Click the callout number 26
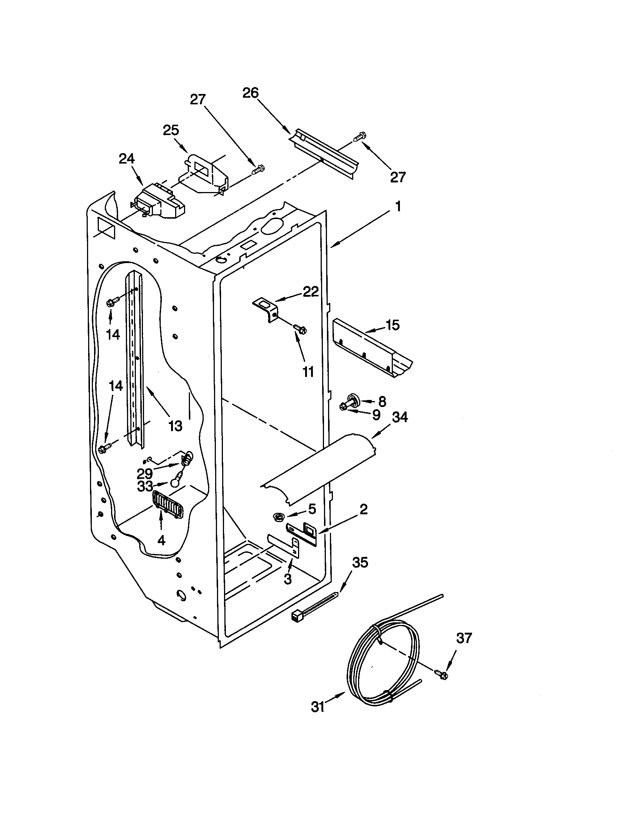pos(250,93)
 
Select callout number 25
pos(171,130)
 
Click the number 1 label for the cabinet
pos(398,206)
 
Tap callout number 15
pos(392,325)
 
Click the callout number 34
pos(400,417)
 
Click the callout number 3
pos(287,579)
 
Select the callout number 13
pos(175,425)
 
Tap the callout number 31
pos(318,707)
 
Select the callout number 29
pos(145,473)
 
